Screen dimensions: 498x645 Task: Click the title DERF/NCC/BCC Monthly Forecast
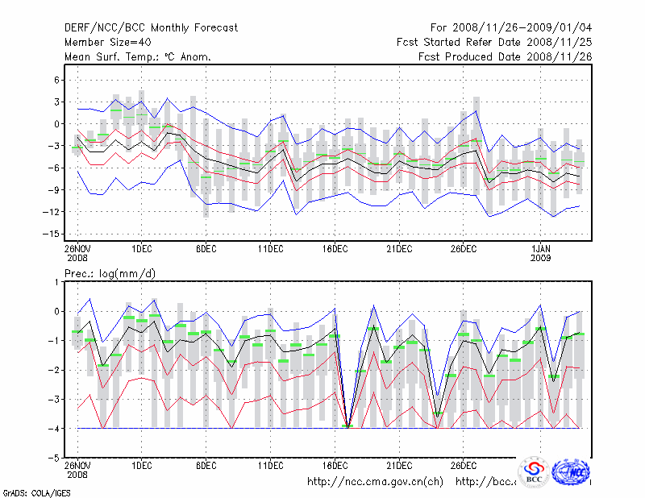[x=151, y=27]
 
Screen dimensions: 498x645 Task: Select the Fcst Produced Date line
[x=504, y=56]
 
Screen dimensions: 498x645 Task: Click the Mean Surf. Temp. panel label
[x=137, y=56]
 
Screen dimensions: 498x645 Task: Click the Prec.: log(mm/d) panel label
[x=110, y=274]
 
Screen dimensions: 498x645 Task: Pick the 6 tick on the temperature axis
[x=57, y=80]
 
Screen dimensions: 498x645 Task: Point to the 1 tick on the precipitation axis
[x=58, y=282]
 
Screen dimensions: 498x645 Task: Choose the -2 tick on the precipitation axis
[x=55, y=370]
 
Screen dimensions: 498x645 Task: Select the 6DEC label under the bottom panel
[x=206, y=466]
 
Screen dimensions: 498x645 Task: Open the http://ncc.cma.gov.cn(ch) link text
[x=376, y=482]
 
